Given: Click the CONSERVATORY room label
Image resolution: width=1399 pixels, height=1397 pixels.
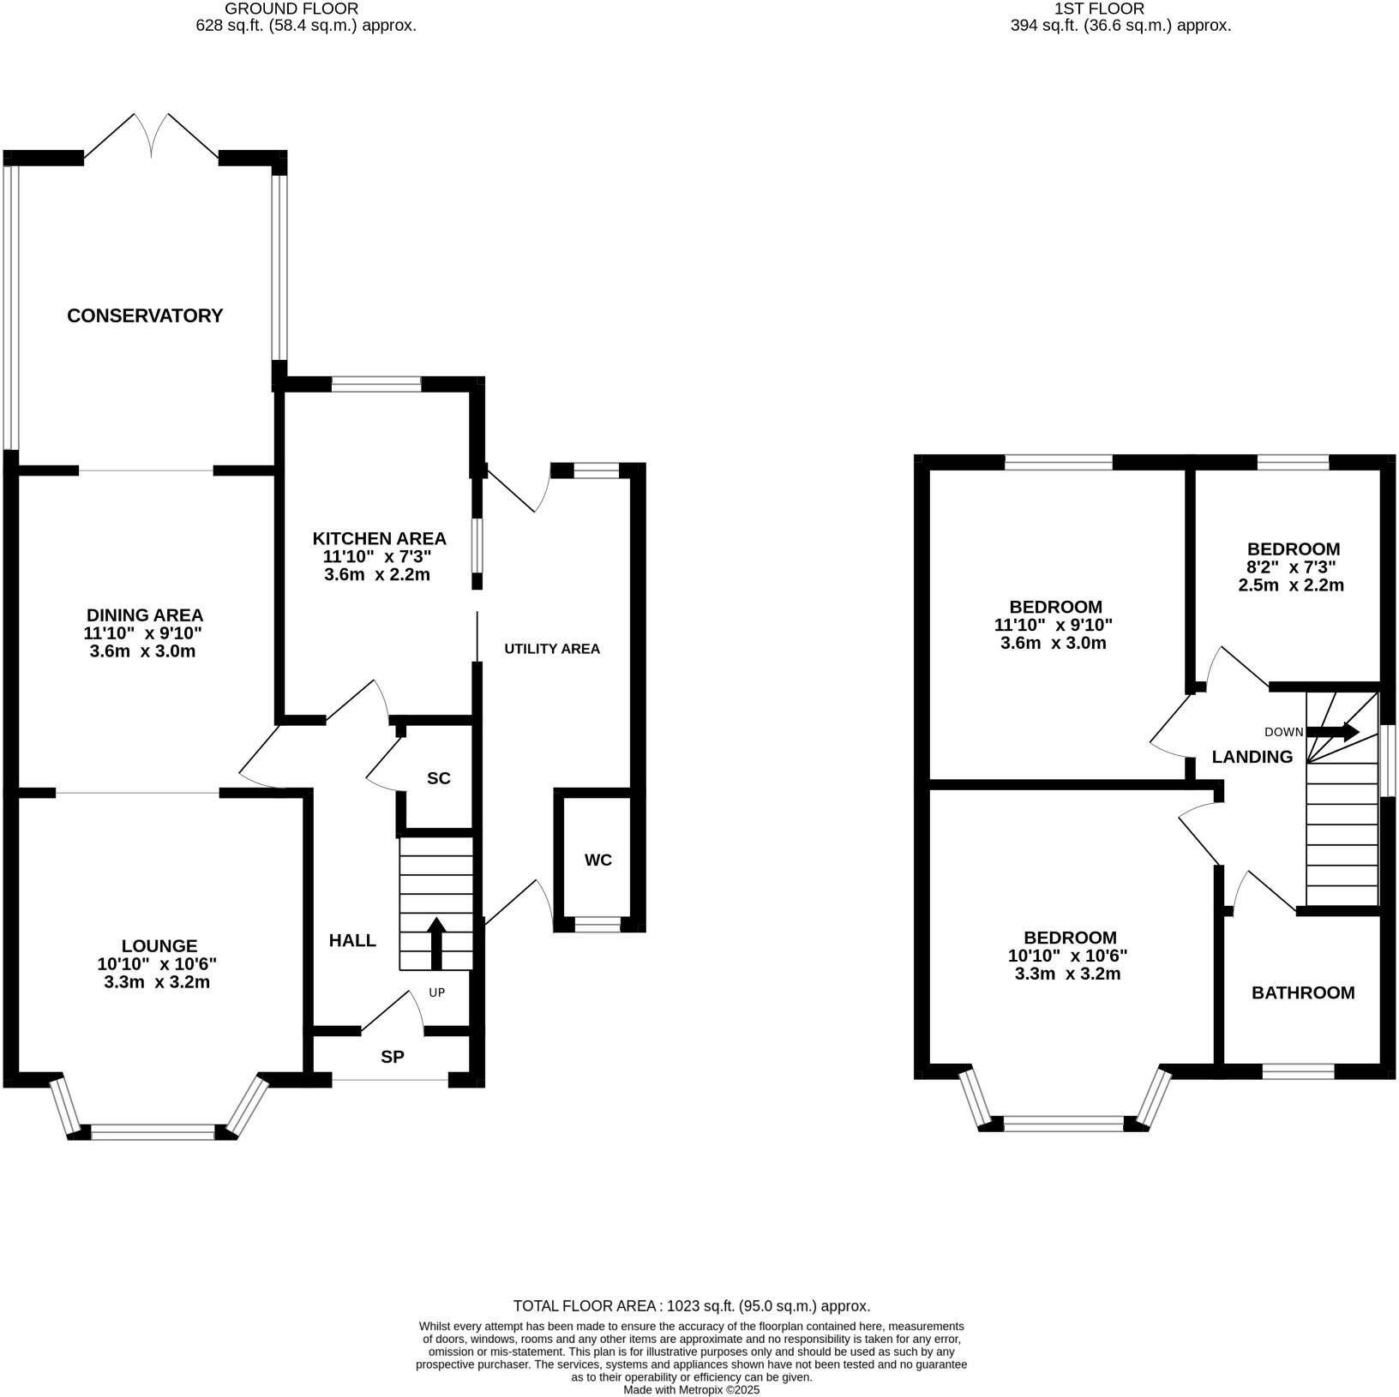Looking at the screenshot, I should pyautogui.click(x=145, y=315).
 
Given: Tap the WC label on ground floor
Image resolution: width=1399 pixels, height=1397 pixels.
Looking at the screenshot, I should pyautogui.click(x=598, y=860).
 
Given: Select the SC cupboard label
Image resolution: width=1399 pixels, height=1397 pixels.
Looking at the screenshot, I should pyautogui.click(x=439, y=778).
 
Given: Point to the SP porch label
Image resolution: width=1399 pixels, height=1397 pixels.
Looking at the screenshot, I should pyautogui.click(x=393, y=1057).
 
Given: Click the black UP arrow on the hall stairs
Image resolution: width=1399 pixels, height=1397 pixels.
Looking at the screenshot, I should pyautogui.click(x=436, y=943).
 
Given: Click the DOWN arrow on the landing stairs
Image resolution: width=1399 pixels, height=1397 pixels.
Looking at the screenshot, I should pyautogui.click(x=1334, y=732).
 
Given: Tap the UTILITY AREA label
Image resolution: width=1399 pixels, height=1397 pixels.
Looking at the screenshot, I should pyautogui.click(x=552, y=649).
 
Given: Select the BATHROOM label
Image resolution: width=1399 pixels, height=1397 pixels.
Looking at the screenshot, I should pyautogui.click(x=1303, y=992).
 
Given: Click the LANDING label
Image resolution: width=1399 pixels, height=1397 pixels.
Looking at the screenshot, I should pyautogui.click(x=1252, y=757).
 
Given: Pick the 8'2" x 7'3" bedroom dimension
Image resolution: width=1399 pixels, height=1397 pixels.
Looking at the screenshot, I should pyautogui.click(x=1293, y=567).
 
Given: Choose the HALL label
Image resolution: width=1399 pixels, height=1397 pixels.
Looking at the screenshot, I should pyautogui.click(x=352, y=940).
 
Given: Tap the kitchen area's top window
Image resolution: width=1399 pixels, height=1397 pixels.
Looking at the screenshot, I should pyautogui.click(x=376, y=384).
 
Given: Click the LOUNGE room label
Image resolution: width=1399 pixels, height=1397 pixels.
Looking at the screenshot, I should pyautogui.click(x=159, y=945).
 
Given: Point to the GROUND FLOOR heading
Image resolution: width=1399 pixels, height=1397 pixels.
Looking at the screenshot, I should pyautogui.click(x=292, y=9).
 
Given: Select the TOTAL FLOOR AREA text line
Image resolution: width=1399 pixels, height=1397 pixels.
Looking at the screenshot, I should pyautogui.click(x=692, y=1306).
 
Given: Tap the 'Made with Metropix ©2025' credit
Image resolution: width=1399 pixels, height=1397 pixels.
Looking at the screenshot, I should pyautogui.click(x=692, y=1390).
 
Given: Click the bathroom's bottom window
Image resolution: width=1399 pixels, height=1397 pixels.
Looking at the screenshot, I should pyautogui.click(x=1298, y=1070).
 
